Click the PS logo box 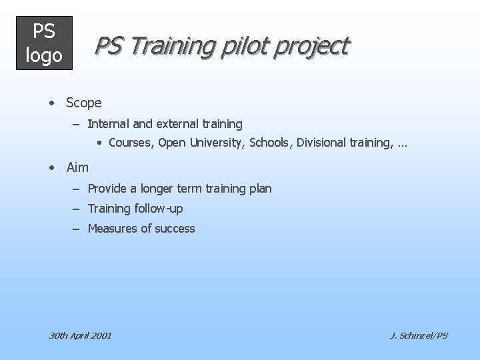coord(44,43)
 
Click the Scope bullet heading coord(83,103)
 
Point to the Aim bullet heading coord(77,167)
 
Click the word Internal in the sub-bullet coord(109,123)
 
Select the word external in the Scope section coord(174,123)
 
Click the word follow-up coord(158,209)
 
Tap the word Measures coord(111,229)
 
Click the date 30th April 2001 coord(81,335)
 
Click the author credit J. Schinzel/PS coord(419,335)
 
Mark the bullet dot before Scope coord(51,103)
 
